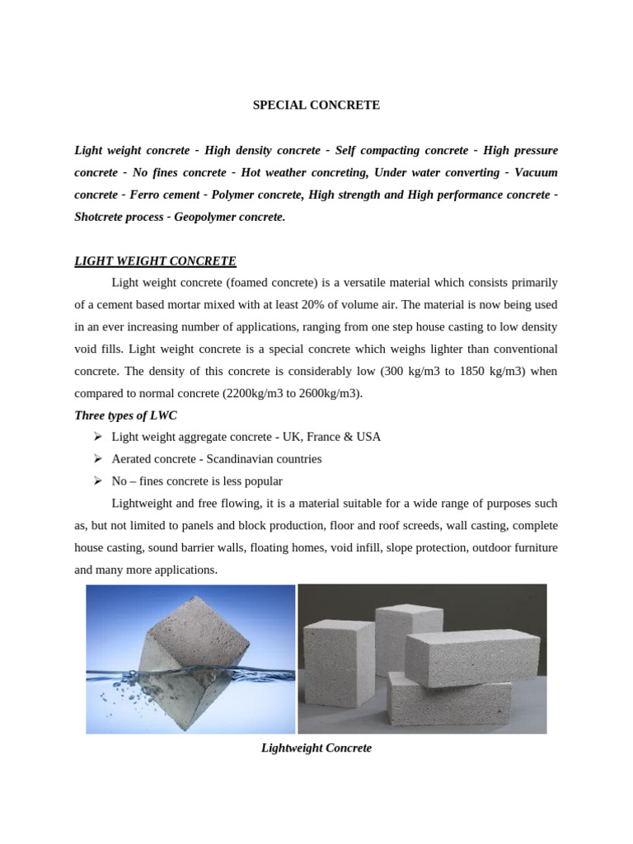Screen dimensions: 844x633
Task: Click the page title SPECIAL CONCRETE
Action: click(x=316, y=105)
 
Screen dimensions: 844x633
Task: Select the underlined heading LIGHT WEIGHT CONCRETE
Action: click(x=155, y=261)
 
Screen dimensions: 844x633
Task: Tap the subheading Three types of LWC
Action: click(x=125, y=415)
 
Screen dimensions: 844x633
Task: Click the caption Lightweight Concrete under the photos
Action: click(x=316, y=748)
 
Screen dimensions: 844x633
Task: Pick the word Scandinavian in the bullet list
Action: click(x=240, y=459)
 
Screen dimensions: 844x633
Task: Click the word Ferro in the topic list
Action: click(x=147, y=195)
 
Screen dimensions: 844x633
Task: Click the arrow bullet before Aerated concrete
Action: click(x=96, y=459)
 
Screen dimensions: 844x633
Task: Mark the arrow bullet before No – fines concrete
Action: click(x=96, y=481)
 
